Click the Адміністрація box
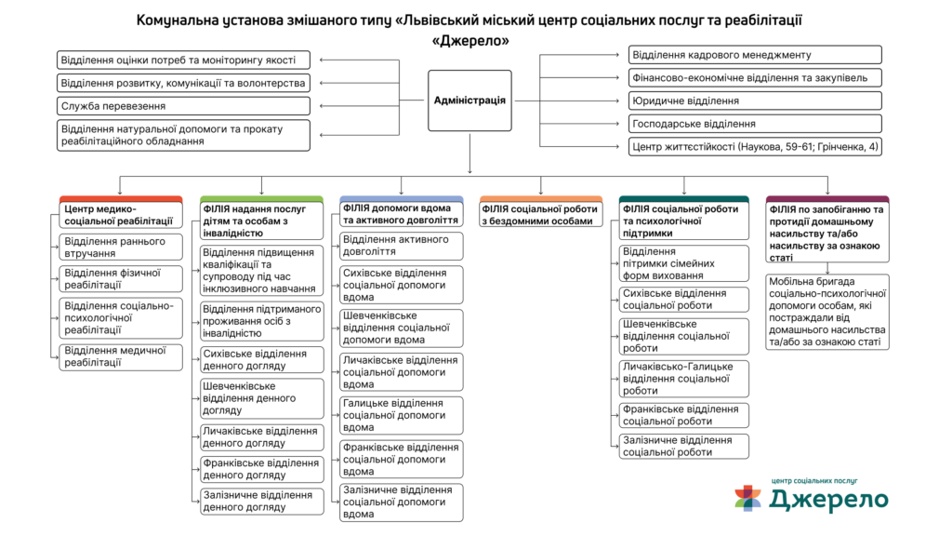[x=469, y=100]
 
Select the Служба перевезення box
[x=183, y=106]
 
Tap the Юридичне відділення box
[x=754, y=100]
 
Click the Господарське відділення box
[x=754, y=123]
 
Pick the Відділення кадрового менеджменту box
[x=754, y=55]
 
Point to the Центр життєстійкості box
[x=754, y=146]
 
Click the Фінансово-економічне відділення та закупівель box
[x=754, y=78]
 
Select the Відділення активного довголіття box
[x=401, y=246]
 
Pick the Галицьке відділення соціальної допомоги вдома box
[x=401, y=415]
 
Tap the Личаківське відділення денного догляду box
[x=262, y=436]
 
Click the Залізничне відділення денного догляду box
[x=262, y=501]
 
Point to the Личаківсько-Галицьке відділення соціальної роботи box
[x=683, y=379]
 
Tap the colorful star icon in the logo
[x=747, y=497]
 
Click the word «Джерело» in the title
[x=470, y=41]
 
